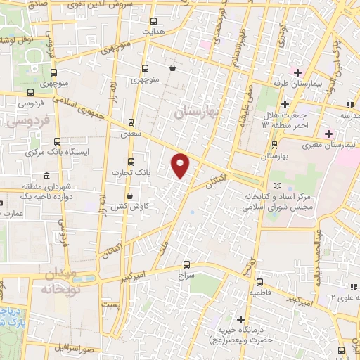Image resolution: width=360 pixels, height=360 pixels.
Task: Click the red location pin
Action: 181,165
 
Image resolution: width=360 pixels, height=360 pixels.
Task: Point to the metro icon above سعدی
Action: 131,122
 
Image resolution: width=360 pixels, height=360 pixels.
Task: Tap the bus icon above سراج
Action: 186,265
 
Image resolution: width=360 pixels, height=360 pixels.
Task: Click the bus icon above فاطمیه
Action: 255,278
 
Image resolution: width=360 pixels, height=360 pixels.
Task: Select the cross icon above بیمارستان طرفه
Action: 297,72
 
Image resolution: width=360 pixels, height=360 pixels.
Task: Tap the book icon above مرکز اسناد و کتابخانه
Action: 277,186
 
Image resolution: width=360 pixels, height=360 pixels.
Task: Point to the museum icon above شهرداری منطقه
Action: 46,176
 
